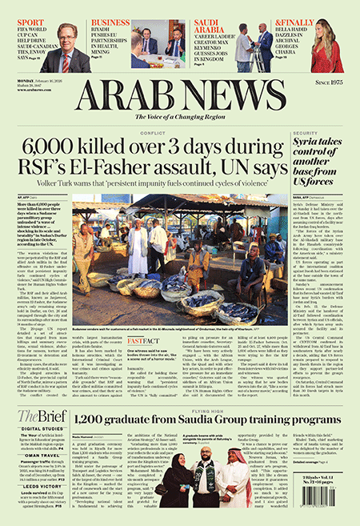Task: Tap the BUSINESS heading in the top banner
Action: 110,23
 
